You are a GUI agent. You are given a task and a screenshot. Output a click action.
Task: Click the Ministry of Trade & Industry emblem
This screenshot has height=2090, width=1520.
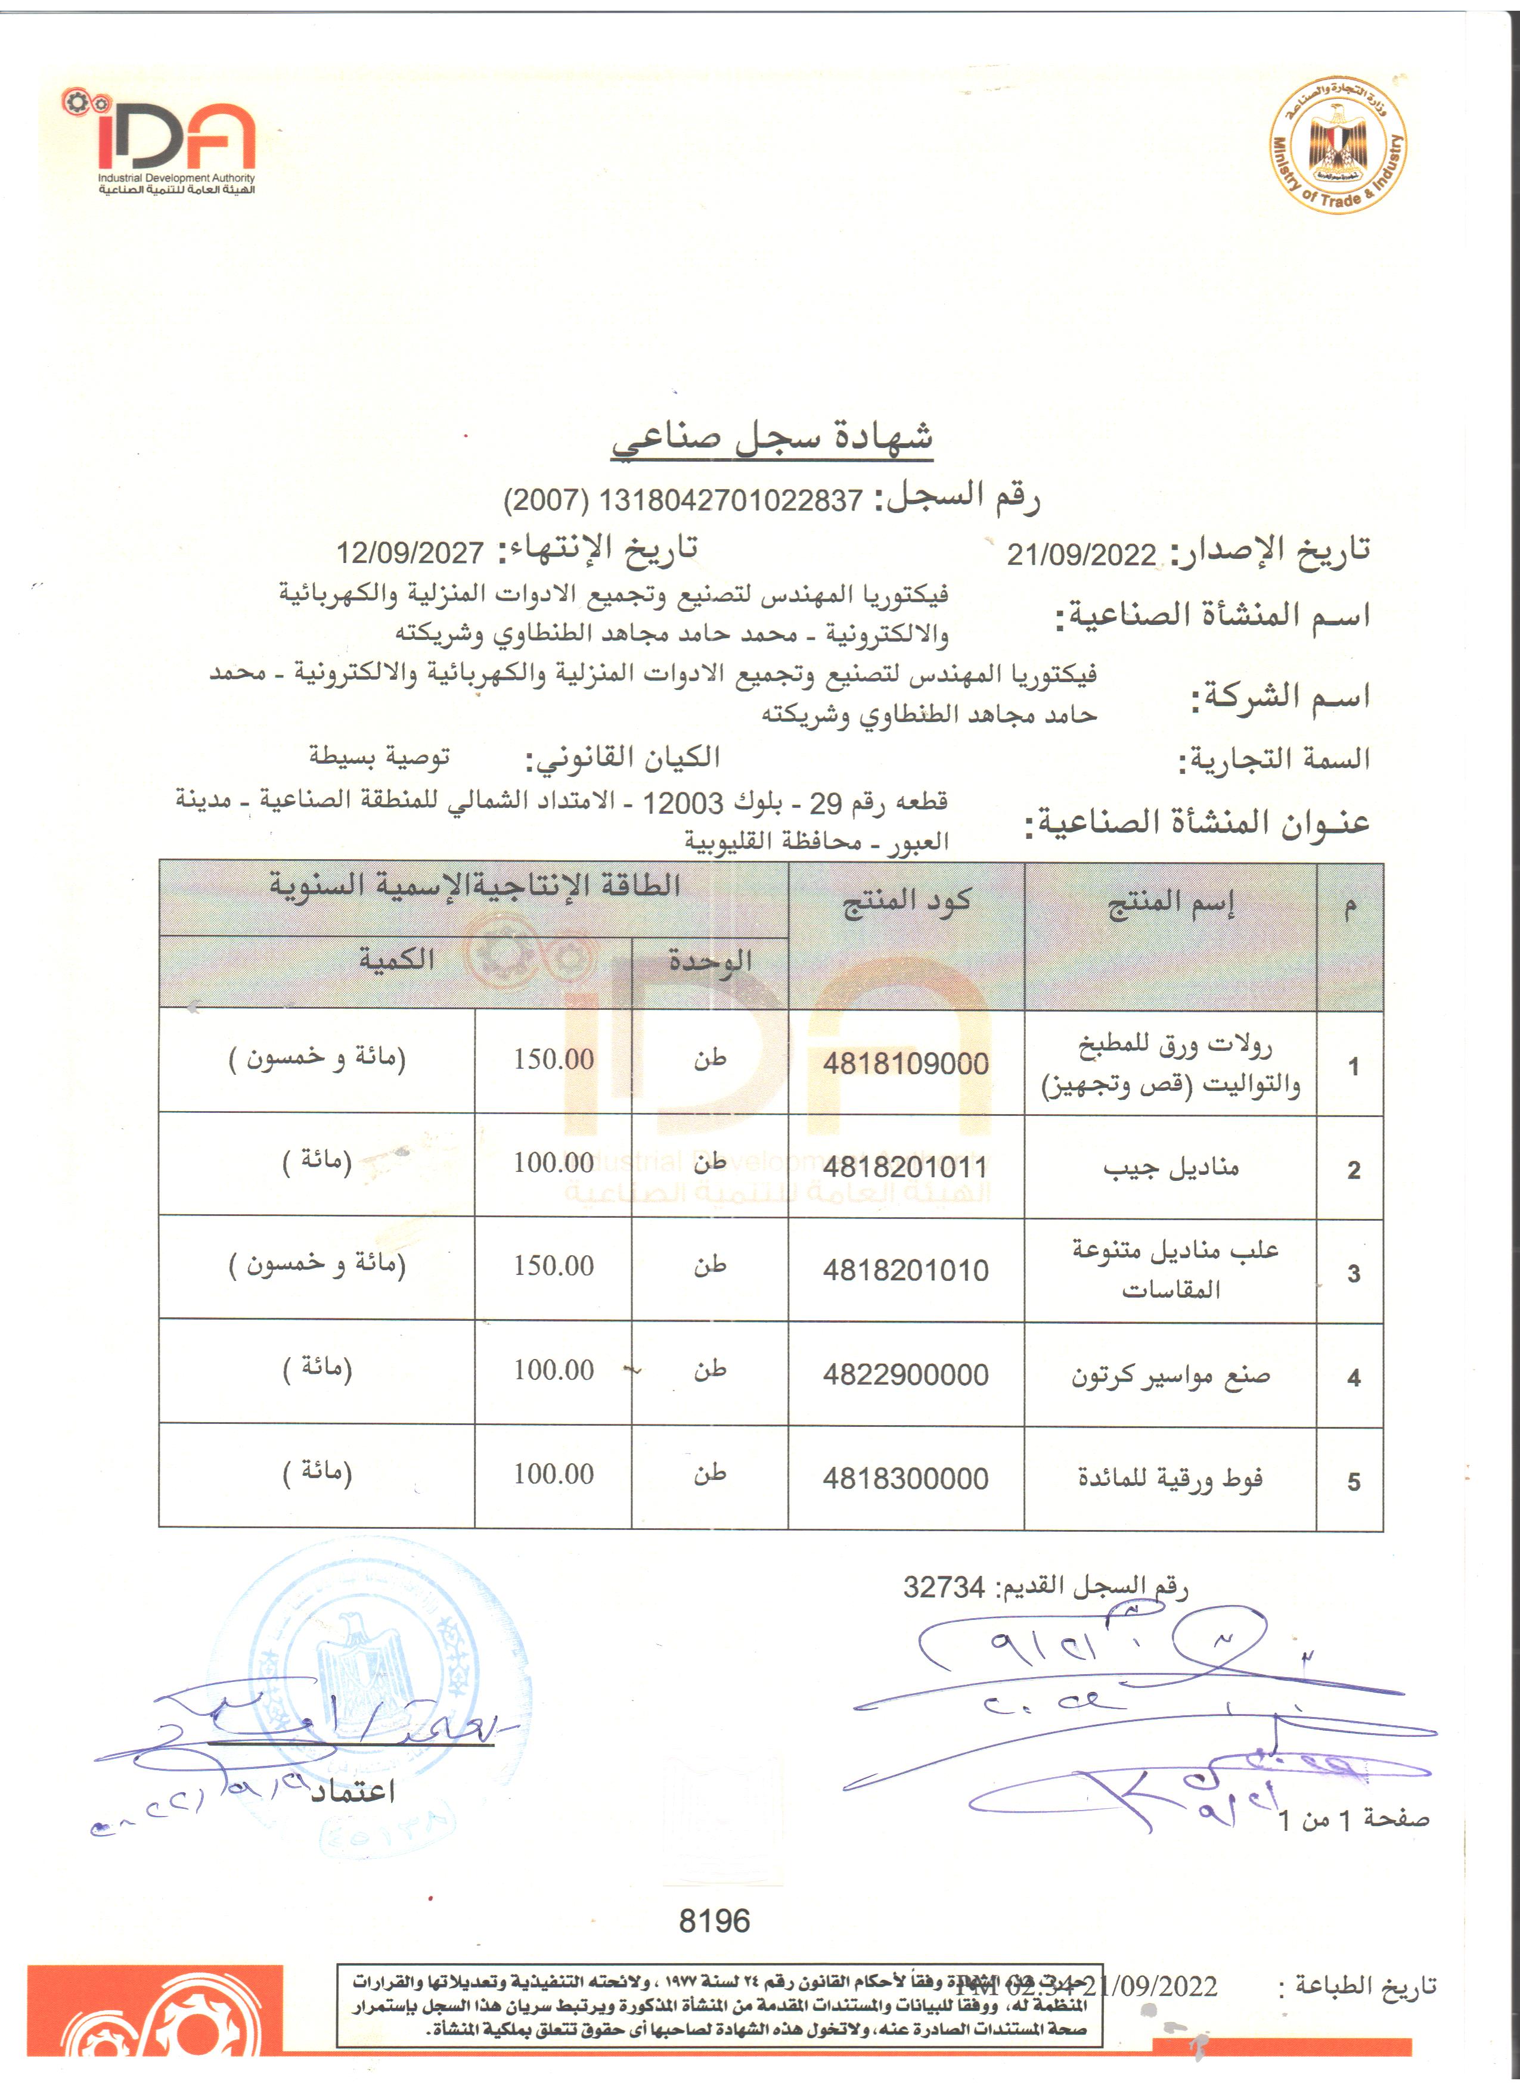1338,145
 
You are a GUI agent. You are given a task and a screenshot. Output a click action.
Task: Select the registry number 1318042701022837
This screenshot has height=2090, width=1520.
730,500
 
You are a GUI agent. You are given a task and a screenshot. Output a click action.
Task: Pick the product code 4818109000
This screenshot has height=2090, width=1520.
905,1063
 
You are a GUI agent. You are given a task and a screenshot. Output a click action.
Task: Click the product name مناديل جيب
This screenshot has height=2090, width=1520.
1171,1168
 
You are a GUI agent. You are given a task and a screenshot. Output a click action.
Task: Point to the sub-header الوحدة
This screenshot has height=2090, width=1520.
710,961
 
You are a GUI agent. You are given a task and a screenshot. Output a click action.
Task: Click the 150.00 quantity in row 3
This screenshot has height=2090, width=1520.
553,1265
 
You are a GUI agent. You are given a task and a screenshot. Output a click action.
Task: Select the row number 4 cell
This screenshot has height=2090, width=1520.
1353,1377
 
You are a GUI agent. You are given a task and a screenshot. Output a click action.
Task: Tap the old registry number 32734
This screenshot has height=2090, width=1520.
944,1587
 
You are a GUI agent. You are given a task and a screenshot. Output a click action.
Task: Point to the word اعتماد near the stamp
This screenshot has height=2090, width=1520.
352,1790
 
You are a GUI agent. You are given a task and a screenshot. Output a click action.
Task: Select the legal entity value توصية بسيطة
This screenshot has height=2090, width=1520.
380,757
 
